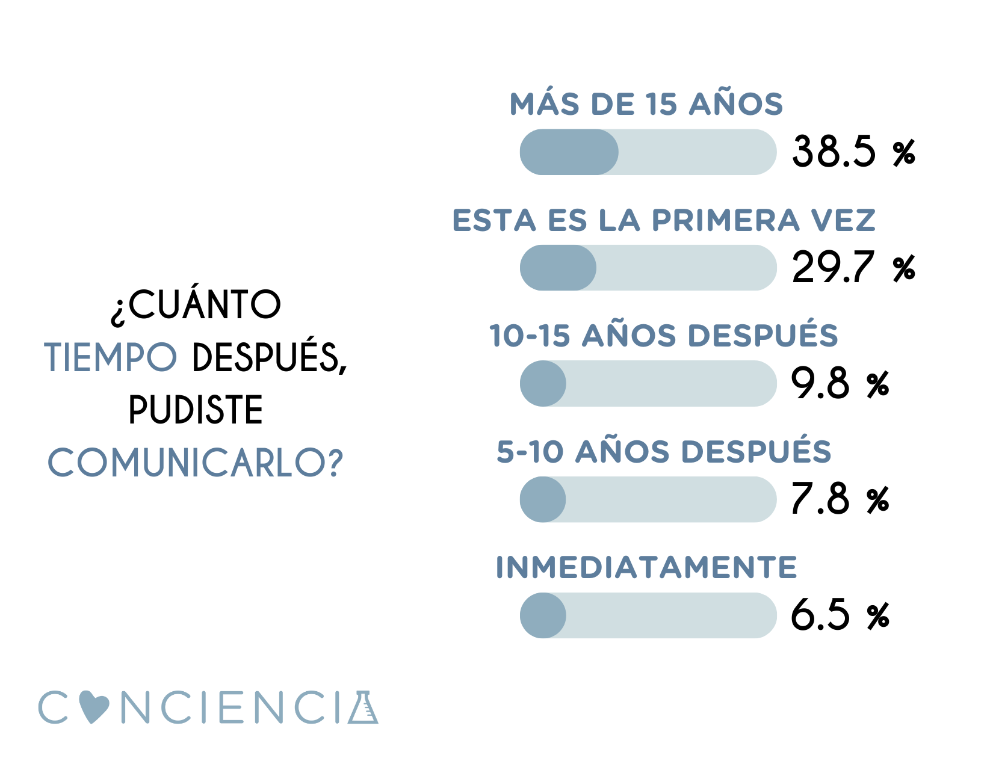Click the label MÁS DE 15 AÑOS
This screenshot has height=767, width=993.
pyautogui.click(x=646, y=104)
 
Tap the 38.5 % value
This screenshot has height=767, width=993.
pyautogui.click(x=853, y=152)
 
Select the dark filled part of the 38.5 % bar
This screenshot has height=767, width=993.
pyautogui.click(x=569, y=152)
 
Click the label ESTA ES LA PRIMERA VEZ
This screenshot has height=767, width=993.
pyautogui.click(x=664, y=220)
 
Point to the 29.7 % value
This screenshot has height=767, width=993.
pyautogui.click(x=853, y=268)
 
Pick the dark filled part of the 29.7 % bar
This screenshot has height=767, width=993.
pyautogui.click(x=558, y=268)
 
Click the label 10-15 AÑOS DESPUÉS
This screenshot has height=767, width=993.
pyautogui.click(x=663, y=336)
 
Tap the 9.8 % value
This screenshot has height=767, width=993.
pyautogui.click(x=840, y=383)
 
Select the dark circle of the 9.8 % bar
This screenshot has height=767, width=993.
pyautogui.click(x=543, y=384)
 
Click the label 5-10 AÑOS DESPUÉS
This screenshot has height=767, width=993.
pyautogui.click(x=663, y=452)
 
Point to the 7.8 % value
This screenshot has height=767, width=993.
pyautogui.click(x=840, y=499)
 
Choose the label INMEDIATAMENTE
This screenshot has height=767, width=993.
pyautogui.click(x=646, y=567)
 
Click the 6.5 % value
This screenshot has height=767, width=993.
pyautogui.click(x=840, y=615)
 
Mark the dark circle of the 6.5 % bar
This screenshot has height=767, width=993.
pyautogui.click(x=543, y=615)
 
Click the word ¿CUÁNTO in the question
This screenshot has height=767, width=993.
pyautogui.click(x=196, y=305)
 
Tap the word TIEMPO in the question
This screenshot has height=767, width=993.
pyautogui.click(x=111, y=357)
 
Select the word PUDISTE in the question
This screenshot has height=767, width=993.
pyautogui.click(x=196, y=410)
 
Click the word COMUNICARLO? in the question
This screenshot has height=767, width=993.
pyautogui.click(x=196, y=463)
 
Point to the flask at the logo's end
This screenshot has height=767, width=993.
pyautogui.click(x=363, y=708)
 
